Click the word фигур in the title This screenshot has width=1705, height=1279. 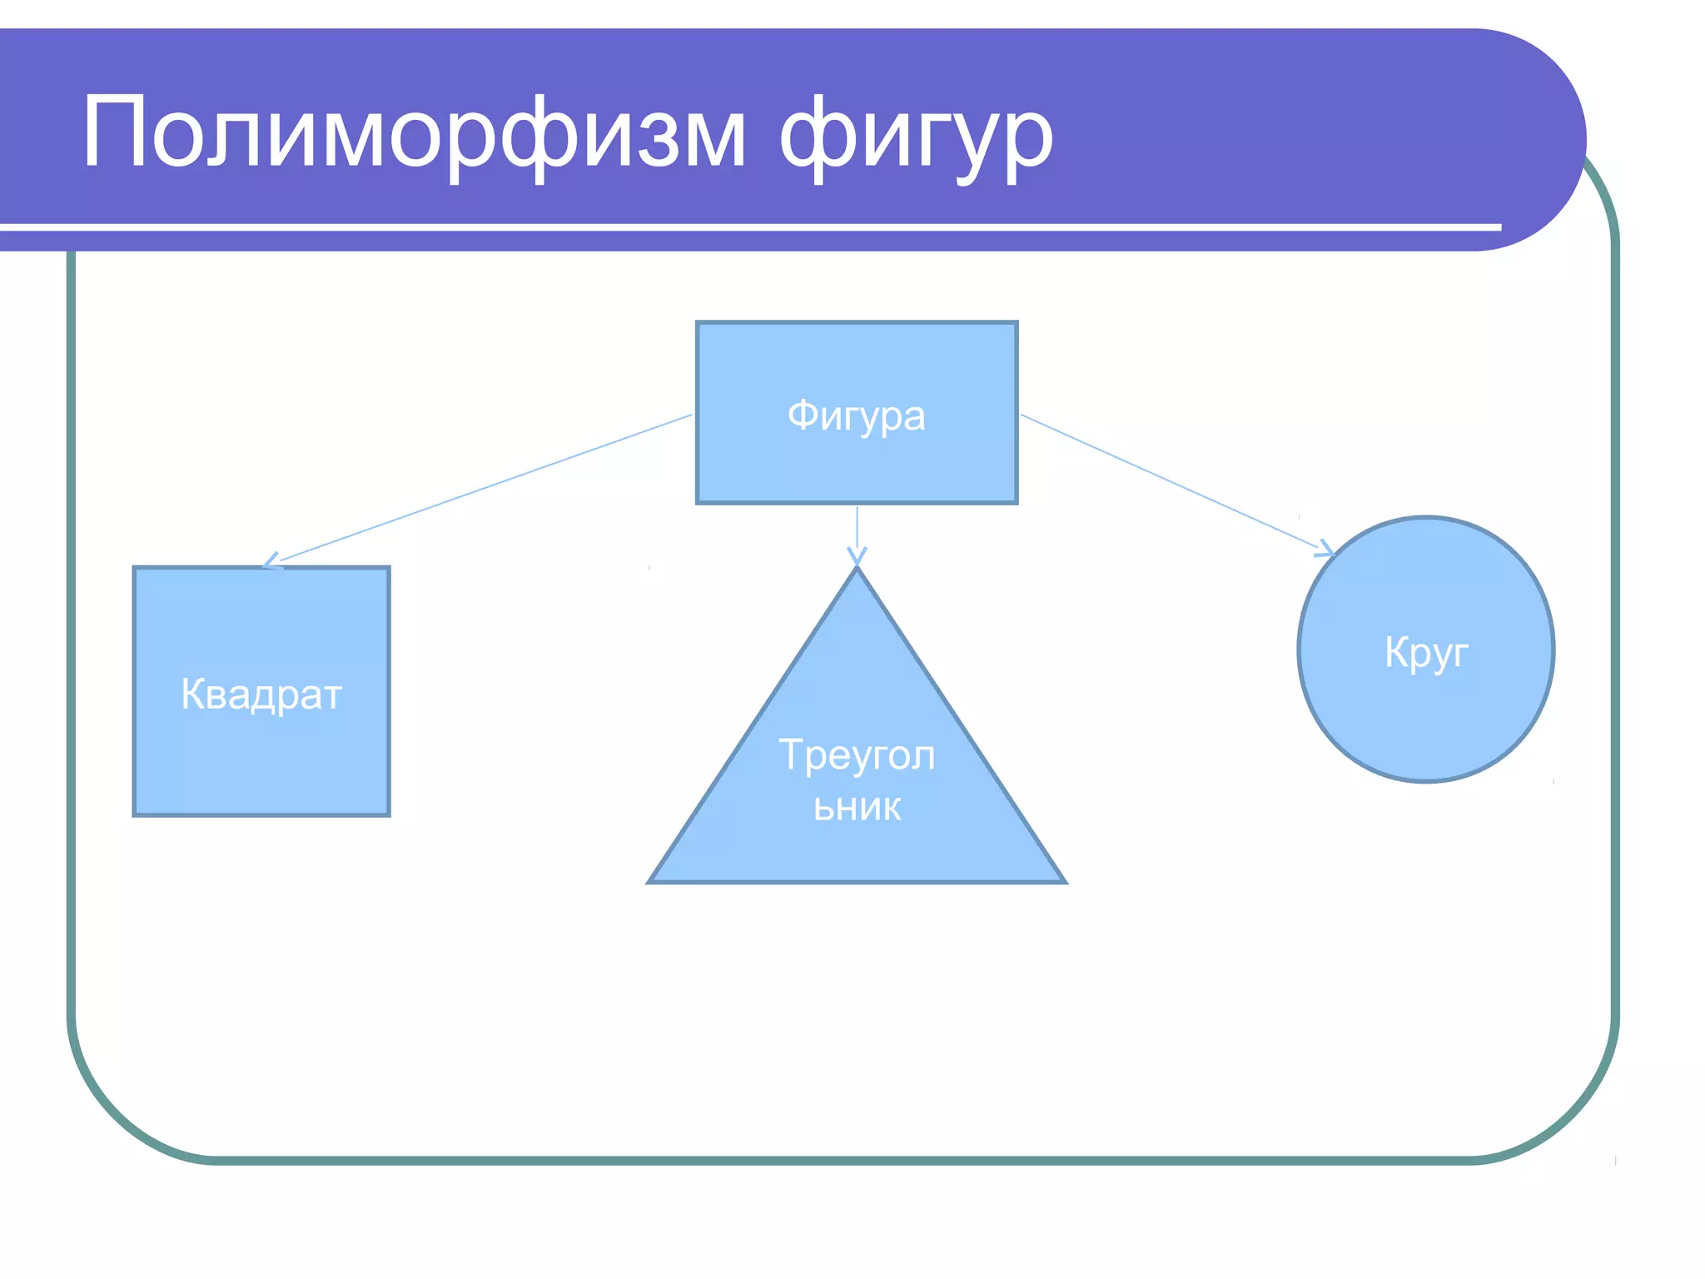(x=916, y=137)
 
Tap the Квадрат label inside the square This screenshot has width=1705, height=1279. (x=261, y=694)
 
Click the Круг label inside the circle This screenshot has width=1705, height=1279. (x=1425, y=651)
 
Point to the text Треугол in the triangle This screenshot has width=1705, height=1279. (x=857, y=754)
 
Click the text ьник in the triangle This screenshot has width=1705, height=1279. (x=857, y=807)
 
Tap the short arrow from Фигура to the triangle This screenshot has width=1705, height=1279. (x=857, y=529)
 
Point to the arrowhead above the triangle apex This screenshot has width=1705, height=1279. (x=857, y=556)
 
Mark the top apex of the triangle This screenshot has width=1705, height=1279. (x=857, y=570)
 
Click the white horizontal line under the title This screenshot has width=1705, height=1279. (x=749, y=226)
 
